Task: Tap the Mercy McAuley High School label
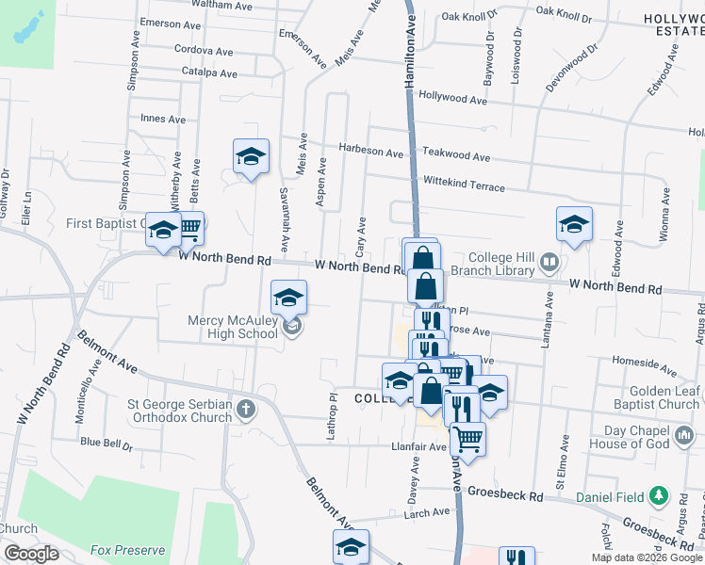[x=232, y=327]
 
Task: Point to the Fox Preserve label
[x=127, y=550]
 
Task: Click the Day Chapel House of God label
[x=653, y=437]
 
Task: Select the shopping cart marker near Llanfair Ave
[x=467, y=438]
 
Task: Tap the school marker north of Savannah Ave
[x=251, y=156]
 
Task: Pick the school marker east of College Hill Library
[x=574, y=224]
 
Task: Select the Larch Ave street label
[x=428, y=512]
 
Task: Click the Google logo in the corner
[x=31, y=554]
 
